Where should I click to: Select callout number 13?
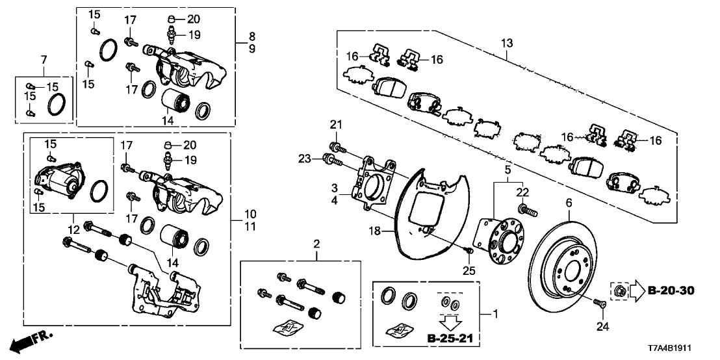pyautogui.click(x=506, y=44)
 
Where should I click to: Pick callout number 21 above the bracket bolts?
pyautogui.click(x=335, y=124)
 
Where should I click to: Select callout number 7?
pyautogui.click(x=44, y=60)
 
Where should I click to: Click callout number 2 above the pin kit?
pyautogui.click(x=316, y=244)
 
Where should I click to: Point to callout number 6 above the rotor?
pyautogui.click(x=568, y=203)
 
